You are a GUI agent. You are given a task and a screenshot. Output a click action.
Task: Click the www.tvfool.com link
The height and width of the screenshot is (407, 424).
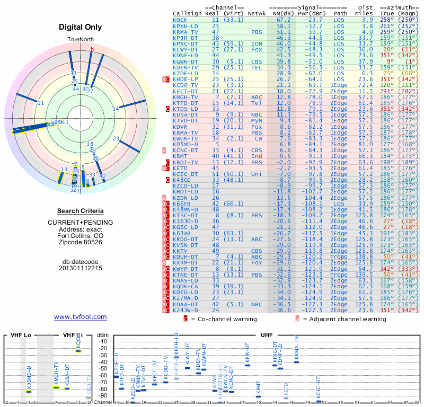81,317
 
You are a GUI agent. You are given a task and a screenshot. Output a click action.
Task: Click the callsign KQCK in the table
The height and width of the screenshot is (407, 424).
180,20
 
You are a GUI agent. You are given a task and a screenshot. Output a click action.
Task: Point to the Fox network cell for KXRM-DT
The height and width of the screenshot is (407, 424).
257,263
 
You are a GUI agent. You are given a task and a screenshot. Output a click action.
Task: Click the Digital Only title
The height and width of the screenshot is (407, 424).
81,28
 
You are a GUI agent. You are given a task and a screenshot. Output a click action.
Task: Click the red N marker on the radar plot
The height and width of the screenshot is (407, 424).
93,49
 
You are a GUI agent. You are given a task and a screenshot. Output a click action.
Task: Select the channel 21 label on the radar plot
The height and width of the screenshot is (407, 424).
41,102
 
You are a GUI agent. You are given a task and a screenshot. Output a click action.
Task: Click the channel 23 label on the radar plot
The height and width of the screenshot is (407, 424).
116,139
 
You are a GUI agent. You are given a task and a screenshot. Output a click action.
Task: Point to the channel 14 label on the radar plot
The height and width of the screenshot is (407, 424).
116,109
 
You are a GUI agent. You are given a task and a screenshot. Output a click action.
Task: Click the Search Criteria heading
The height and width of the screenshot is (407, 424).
81,211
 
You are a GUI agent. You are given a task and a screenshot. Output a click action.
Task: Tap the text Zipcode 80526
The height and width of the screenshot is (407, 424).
81,242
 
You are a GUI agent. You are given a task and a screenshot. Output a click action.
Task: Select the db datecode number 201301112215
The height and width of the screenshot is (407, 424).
81,268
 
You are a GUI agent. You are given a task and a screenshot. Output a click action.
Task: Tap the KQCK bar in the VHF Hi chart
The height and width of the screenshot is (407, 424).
78,351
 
